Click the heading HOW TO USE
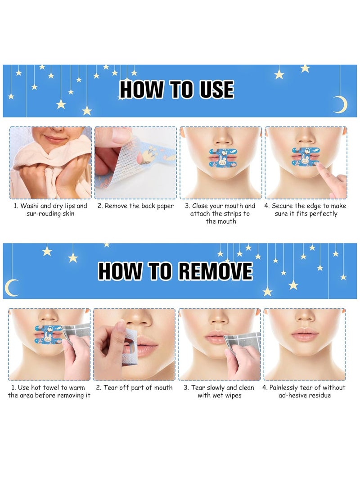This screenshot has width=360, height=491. pyautogui.click(x=176, y=90)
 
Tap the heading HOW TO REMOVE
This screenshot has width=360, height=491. pyautogui.click(x=175, y=271)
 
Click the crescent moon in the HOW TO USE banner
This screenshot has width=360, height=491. pyautogui.click(x=340, y=104)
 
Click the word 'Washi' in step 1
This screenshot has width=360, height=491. pyautogui.click(x=31, y=206)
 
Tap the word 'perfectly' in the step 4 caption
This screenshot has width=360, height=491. pyautogui.click(x=321, y=214)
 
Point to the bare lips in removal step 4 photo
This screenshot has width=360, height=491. pyautogui.click(x=305, y=334)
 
